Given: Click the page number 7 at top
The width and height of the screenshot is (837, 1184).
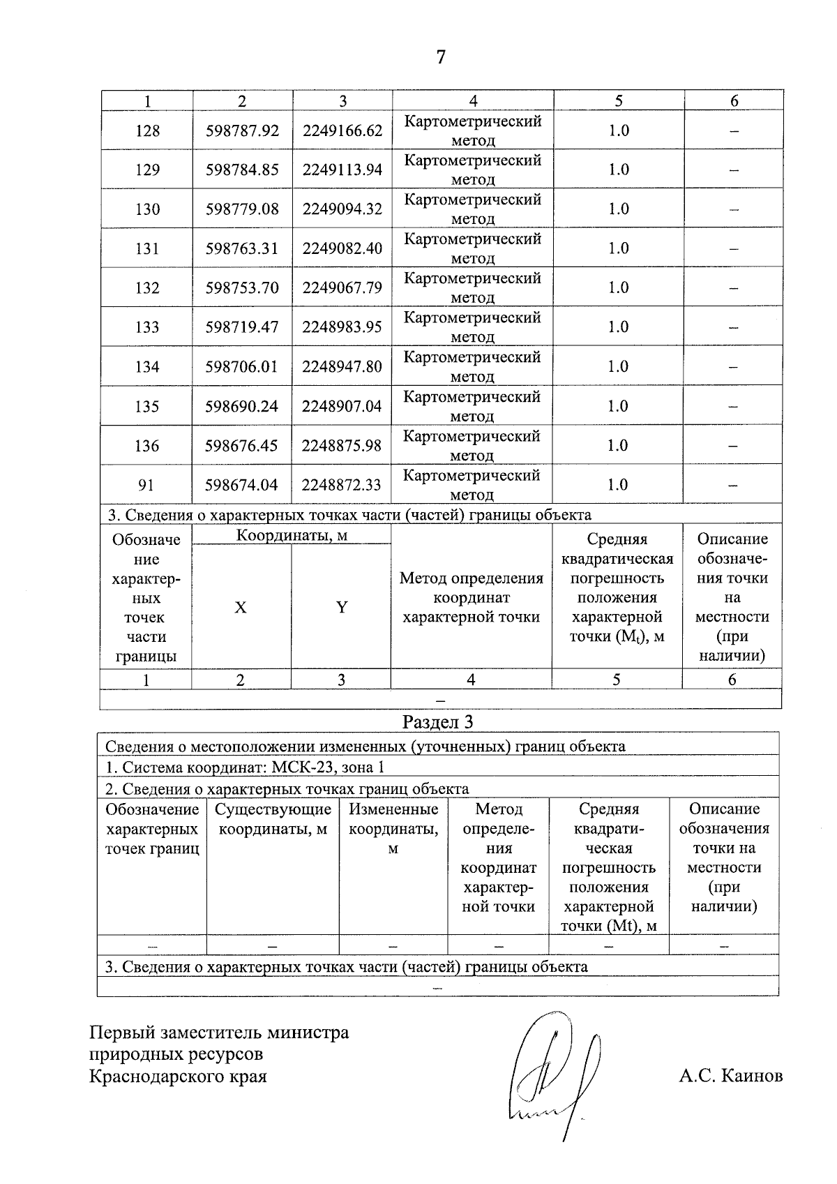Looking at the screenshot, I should [x=440, y=57].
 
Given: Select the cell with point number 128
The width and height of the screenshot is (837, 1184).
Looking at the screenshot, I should [x=147, y=130].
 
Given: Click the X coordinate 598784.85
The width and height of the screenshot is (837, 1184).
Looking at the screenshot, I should [x=242, y=170].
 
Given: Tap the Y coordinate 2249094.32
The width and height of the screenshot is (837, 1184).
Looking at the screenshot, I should [x=342, y=209].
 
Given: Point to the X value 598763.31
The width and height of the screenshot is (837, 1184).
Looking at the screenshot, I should [x=242, y=248].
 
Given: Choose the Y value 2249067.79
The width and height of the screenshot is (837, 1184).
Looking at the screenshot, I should [x=342, y=287].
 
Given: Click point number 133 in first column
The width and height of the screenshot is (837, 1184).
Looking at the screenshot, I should [x=147, y=327].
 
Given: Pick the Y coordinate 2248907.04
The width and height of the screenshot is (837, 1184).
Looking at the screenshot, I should [x=342, y=406].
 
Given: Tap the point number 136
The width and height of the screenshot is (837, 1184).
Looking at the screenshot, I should [x=146, y=445].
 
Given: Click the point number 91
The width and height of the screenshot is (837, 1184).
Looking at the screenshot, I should [x=146, y=485].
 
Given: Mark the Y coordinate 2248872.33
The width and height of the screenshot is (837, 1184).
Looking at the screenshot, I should [x=342, y=485].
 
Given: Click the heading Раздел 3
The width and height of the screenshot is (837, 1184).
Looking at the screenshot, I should [x=438, y=721].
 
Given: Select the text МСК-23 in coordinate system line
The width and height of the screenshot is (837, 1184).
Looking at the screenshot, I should [x=303, y=767].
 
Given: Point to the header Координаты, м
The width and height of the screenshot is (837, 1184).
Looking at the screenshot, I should [x=292, y=535].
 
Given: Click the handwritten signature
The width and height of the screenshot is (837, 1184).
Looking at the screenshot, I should [x=551, y=1074].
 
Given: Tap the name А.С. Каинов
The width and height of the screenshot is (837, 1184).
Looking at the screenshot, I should [x=730, y=1076].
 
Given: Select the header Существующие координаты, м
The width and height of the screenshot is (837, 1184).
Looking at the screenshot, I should [x=273, y=819].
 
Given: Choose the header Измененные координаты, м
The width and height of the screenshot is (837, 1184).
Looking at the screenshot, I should [x=393, y=828].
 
